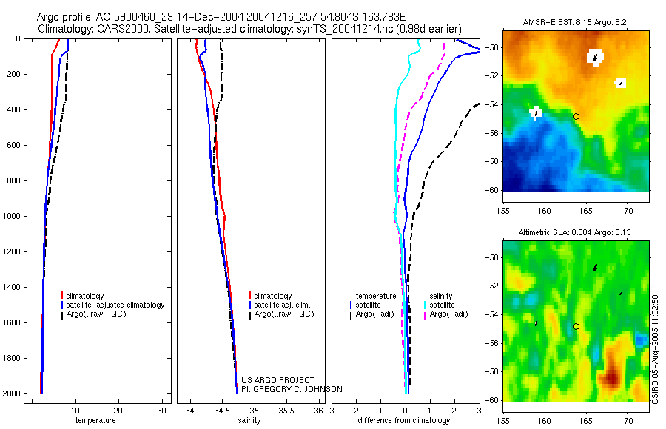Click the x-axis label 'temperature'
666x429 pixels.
(x=95, y=420)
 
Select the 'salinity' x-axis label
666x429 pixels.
(x=249, y=420)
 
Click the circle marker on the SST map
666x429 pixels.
(x=576, y=116)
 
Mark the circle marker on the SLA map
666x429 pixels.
(x=576, y=326)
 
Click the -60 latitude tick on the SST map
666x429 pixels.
(x=491, y=190)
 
